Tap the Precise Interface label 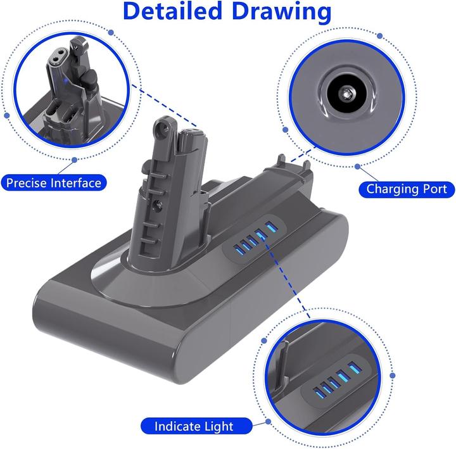click(53, 184)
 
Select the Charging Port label click(407, 189)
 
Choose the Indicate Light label click(193, 426)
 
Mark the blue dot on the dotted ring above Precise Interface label click(74, 161)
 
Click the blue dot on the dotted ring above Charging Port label click(358, 167)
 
